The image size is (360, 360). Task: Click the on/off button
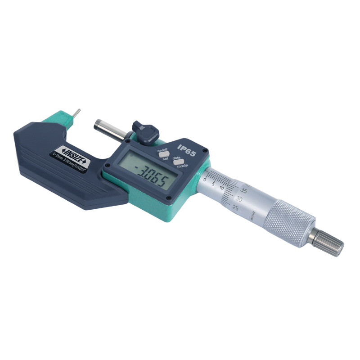(162, 154)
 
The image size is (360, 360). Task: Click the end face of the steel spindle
(97, 125)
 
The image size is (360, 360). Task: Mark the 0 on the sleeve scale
(205, 179)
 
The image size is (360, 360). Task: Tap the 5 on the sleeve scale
(213, 184)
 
